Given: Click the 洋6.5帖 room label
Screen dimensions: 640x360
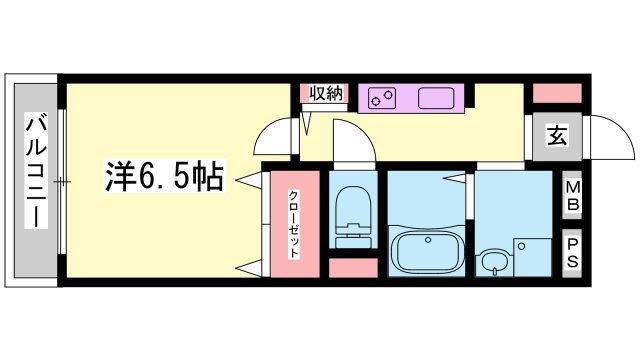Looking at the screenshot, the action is pos(164,176).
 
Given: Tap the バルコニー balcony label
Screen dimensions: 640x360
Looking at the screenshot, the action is pos(36,171).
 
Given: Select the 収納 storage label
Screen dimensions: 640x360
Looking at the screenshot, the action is pos(325,94).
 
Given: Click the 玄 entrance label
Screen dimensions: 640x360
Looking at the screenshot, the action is pos(557,136).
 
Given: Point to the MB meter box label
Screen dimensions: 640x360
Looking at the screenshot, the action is pos(572,195).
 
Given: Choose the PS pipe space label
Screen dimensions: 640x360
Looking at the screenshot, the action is pos(572,253).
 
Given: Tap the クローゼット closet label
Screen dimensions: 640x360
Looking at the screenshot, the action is pos(293,224).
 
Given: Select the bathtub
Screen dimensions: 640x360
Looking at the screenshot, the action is pos(427,252).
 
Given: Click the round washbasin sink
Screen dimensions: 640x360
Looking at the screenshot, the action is pos(494,262).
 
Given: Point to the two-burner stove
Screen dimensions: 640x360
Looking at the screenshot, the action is pos(382,98).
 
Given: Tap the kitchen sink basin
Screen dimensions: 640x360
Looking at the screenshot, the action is pos(436,98).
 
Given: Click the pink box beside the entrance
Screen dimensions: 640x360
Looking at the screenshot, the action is pos(557,93).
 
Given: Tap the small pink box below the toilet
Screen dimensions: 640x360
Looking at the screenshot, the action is pos(353,268).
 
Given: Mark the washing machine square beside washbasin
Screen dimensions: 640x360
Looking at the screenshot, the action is pos(532,258).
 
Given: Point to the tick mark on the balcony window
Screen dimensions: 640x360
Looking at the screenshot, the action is pos(62,181).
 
